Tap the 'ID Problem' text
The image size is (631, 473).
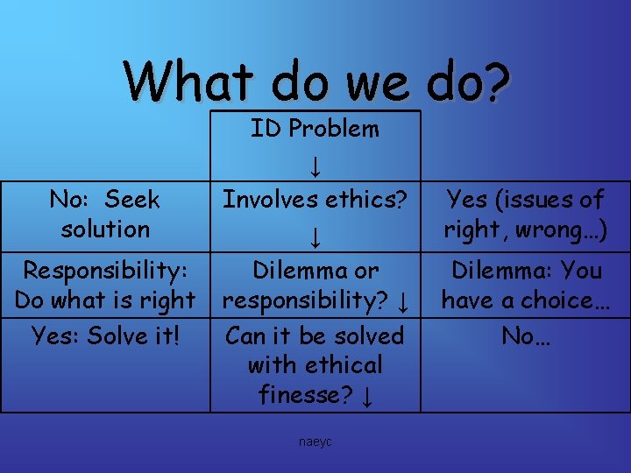[315, 129]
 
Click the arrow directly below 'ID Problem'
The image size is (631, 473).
[315, 165]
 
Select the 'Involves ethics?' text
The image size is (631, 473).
[315, 200]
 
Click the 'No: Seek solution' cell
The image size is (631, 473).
[105, 215]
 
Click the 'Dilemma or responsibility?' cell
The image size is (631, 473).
[315, 286]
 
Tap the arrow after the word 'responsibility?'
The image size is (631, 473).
[401, 303]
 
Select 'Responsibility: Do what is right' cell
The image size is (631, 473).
[105, 286]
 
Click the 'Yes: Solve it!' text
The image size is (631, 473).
[105, 335]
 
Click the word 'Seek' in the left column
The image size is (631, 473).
[131, 200]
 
